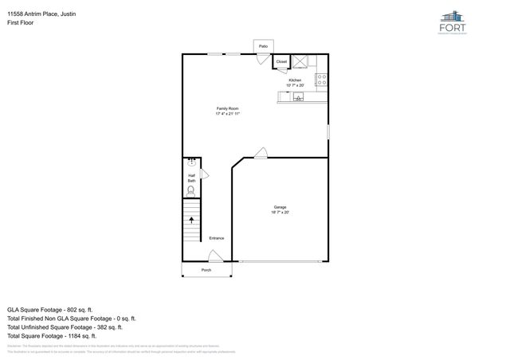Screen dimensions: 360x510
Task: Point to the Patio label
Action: [263, 47]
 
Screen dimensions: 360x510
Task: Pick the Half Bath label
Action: [191, 178]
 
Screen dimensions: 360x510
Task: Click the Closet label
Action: [281, 61]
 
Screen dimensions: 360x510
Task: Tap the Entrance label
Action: [216, 238]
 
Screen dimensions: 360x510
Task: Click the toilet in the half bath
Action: [191, 190]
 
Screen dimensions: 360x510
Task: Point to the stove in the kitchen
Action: [321, 79]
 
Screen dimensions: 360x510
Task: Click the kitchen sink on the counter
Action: [298, 97]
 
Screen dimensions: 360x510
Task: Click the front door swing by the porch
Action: [214, 256]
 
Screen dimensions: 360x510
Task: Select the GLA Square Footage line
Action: [50, 308]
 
